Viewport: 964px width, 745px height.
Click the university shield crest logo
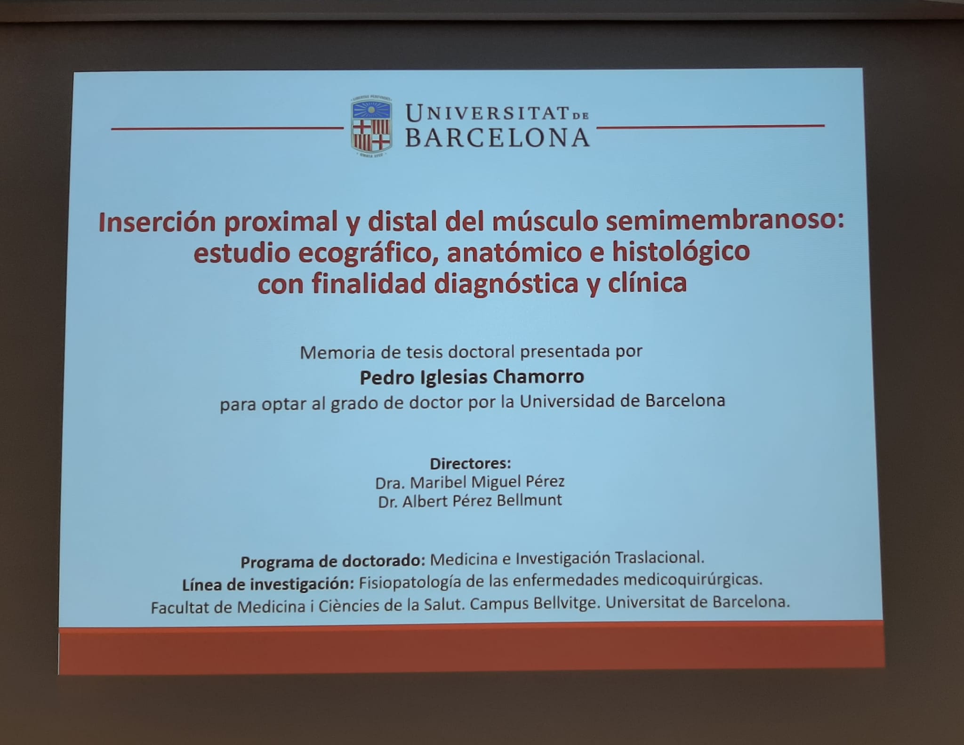tap(371, 126)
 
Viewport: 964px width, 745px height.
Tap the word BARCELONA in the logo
tap(498, 138)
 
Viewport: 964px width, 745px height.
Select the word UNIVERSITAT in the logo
tap(487, 113)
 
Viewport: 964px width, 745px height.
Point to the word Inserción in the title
tap(157, 223)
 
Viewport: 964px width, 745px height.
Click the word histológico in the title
tap(681, 252)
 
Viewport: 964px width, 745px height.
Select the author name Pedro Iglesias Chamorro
tap(472, 377)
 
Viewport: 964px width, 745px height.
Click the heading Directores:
tap(470, 463)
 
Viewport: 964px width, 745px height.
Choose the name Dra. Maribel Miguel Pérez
tap(470, 482)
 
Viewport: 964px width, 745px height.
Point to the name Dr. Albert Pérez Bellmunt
tap(470, 501)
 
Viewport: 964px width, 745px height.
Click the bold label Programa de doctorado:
tap(333, 561)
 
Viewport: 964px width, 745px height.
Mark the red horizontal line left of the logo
tap(227, 128)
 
